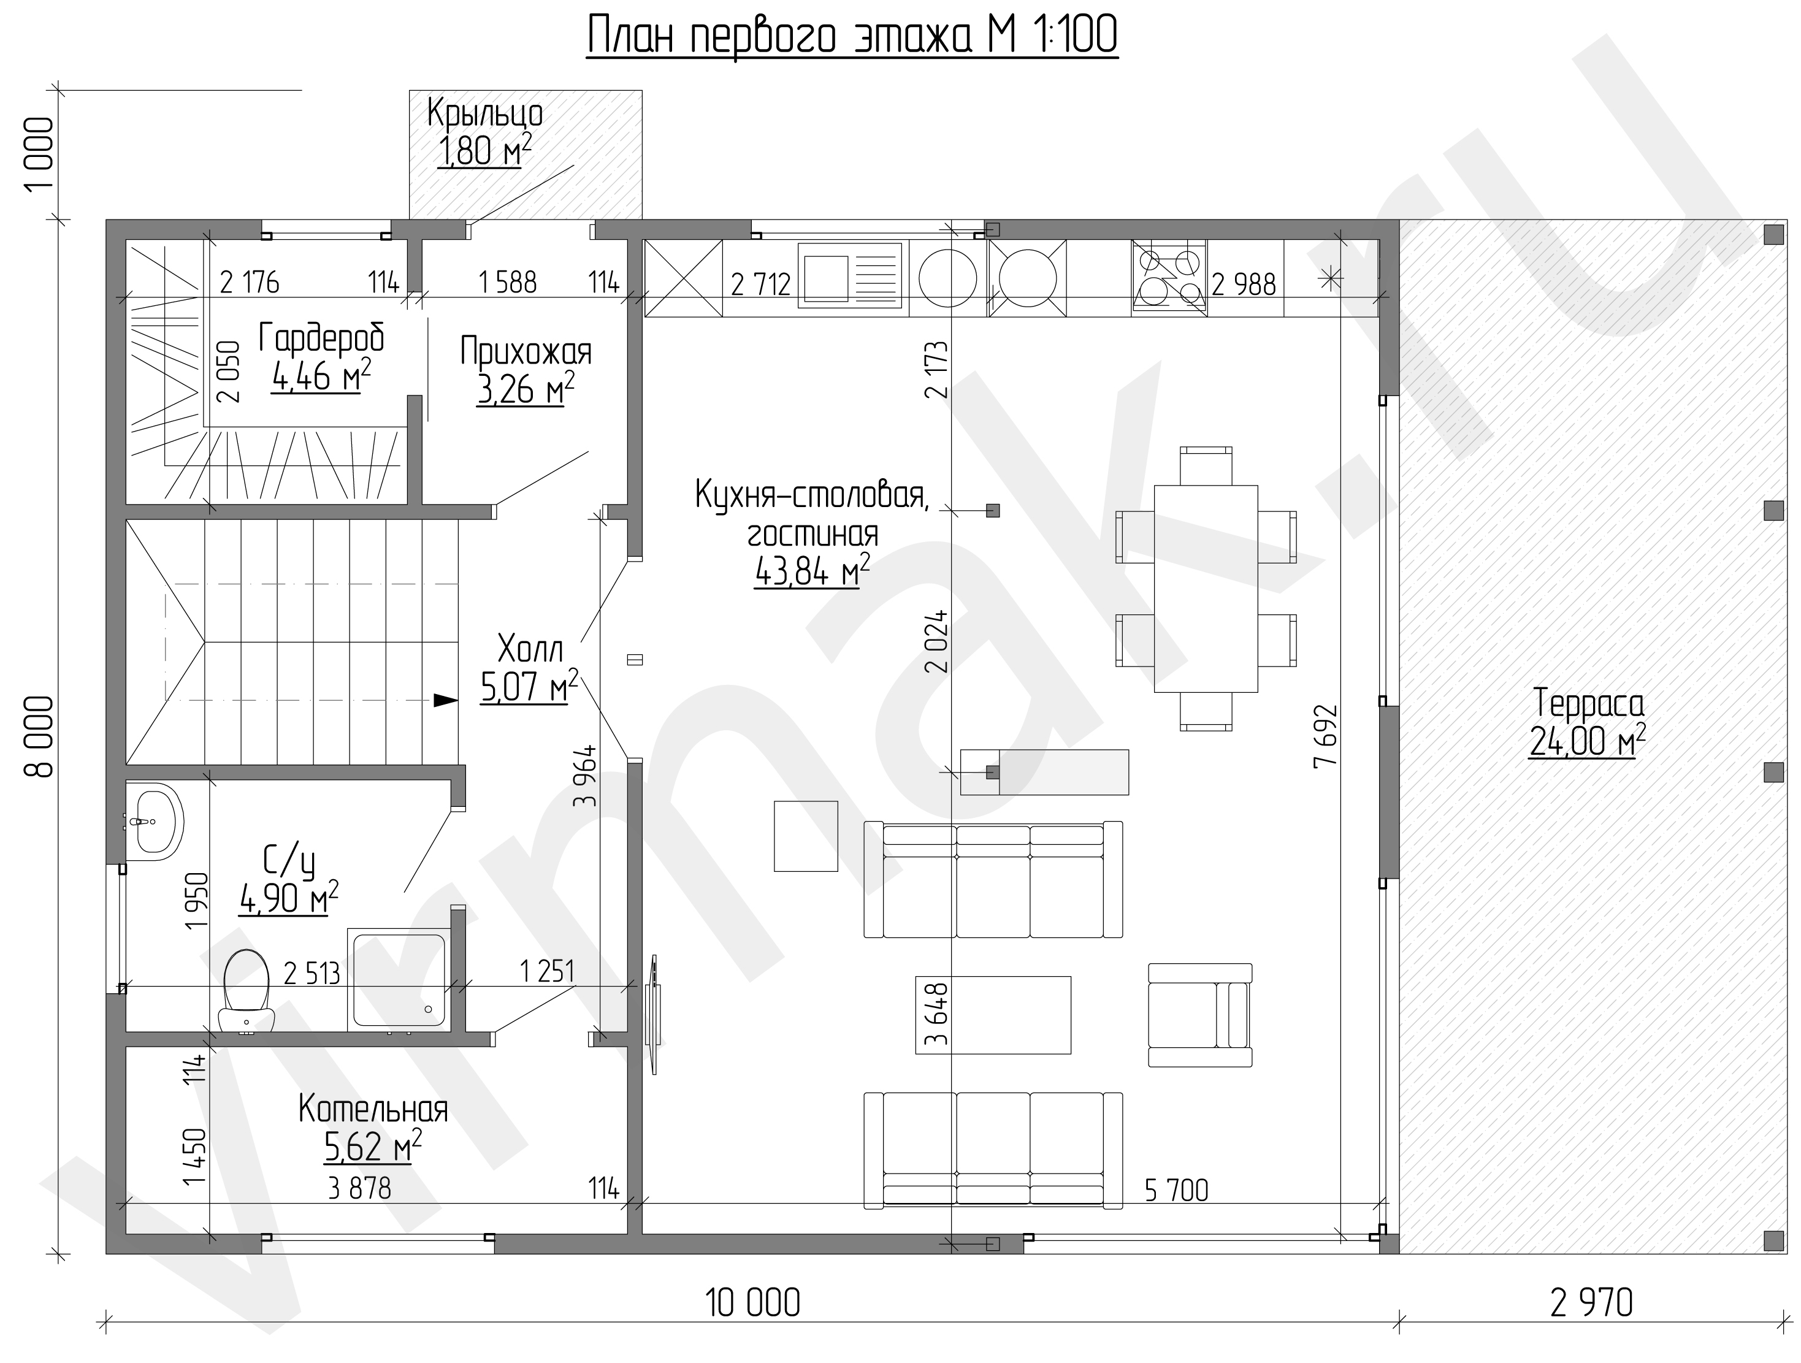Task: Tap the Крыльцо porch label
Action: click(x=484, y=114)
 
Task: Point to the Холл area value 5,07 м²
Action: click(x=529, y=685)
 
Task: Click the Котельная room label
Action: click(x=373, y=1109)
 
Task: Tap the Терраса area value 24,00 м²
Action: click(x=1587, y=740)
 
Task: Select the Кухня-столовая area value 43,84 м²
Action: click(x=812, y=571)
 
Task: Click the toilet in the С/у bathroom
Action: click(x=245, y=991)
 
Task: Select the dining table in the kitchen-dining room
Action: click(x=1206, y=589)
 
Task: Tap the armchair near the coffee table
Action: click(x=1200, y=1015)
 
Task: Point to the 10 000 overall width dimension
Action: click(x=752, y=1303)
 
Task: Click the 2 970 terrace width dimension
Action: click(x=1592, y=1303)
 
